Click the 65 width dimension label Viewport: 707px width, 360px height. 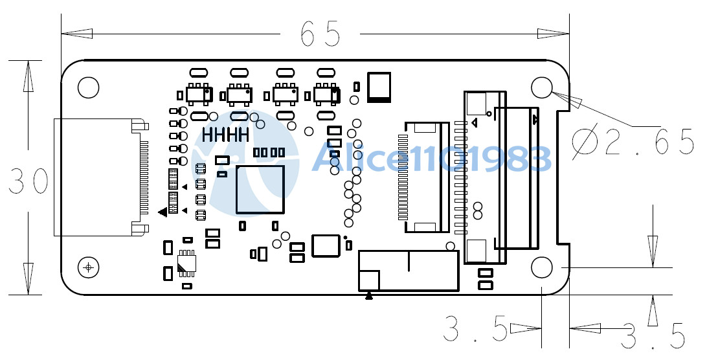[x=320, y=34]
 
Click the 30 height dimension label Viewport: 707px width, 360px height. [x=28, y=181]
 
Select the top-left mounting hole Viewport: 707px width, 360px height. [x=88, y=87]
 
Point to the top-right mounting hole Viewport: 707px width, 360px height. [x=541, y=87]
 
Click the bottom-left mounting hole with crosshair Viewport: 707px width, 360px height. [x=88, y=267]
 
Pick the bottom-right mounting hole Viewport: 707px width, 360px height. [x=541, y=267]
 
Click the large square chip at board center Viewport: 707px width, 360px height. [x=260, y=190]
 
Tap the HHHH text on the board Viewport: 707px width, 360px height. [x=225, y=135]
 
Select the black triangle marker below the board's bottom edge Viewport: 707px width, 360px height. [x=369, y=295]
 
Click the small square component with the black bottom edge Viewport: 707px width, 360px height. [x=379, y=87]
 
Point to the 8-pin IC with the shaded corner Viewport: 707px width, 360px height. [x=186, y=263]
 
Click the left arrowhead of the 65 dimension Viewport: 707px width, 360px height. [x=77, y=34]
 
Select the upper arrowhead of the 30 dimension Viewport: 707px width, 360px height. [x=28, y=76]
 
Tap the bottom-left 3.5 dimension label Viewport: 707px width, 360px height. [x=475, y=329]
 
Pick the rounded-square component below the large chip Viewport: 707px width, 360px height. [x=325, y=245]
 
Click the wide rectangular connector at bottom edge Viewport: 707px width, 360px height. [x=409, y=271]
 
